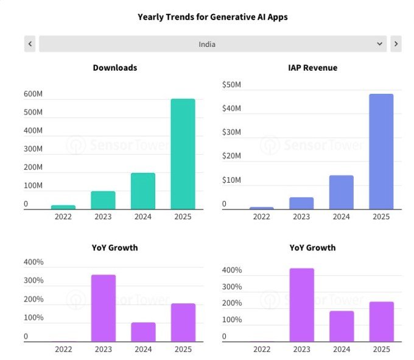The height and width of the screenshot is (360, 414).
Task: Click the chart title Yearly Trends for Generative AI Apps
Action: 212,17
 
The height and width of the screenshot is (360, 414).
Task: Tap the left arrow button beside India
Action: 30,44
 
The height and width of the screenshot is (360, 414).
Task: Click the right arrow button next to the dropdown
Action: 396,44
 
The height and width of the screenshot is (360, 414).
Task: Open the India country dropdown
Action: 213,44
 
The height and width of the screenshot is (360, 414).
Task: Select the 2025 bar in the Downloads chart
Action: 183,154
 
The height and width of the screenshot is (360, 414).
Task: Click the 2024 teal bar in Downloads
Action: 143,191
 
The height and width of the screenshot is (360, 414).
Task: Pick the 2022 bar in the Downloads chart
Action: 63,207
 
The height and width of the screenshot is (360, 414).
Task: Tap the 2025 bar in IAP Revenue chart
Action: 381,152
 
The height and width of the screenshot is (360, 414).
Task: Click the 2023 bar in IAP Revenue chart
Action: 301,203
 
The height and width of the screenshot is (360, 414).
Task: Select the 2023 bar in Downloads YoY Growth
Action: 103,308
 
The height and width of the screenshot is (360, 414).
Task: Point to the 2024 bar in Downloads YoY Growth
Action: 143,332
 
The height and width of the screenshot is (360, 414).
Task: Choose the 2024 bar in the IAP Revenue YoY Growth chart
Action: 342,326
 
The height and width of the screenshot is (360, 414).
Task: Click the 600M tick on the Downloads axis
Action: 33,94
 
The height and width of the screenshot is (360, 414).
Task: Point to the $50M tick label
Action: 231,85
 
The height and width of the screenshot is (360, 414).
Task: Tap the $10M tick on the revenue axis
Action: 231,180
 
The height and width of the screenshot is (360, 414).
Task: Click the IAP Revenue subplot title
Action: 312,68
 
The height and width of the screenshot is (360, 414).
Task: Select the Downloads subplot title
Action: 115,68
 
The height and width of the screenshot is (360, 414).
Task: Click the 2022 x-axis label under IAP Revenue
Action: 262,217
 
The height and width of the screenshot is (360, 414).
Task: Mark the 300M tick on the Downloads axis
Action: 33,149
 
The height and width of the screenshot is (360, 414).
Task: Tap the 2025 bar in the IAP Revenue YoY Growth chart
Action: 382,322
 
